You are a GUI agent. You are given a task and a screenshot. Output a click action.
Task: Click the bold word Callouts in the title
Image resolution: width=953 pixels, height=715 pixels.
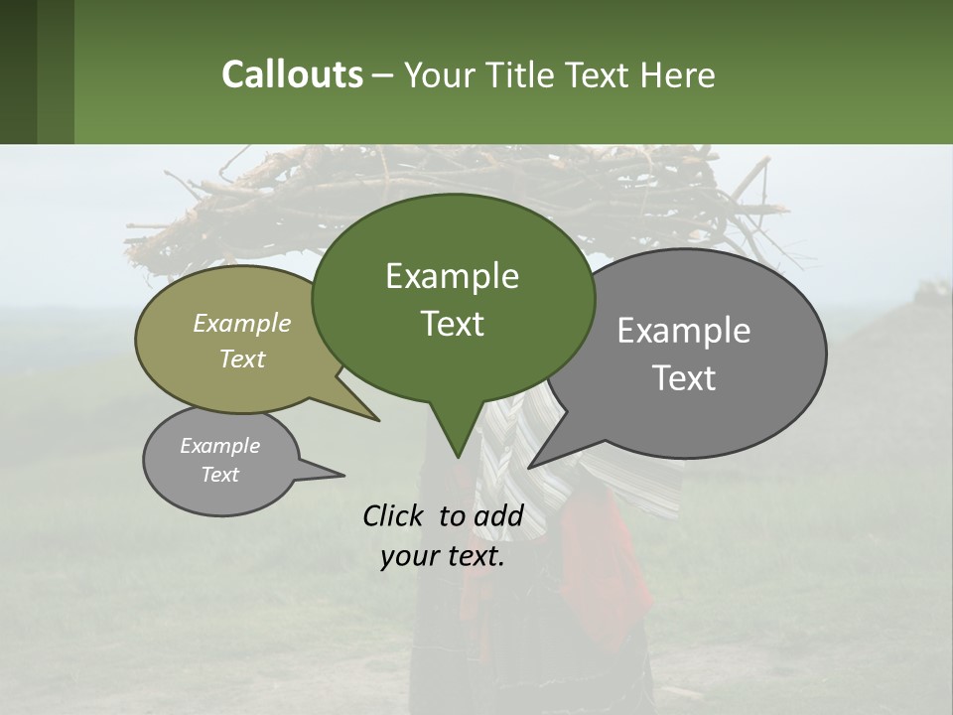point(292,74)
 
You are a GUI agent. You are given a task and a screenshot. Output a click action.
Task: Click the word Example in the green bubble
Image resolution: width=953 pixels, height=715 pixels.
point(452,276)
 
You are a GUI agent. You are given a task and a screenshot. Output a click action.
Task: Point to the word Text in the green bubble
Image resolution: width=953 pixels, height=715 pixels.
point(452,324)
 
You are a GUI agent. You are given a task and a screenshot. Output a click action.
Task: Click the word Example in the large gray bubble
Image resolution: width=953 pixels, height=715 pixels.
point(684,331)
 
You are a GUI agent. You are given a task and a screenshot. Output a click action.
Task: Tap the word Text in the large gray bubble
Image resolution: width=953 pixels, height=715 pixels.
point(684,378)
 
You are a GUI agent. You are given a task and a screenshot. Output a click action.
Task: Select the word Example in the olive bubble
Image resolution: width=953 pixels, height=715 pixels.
point(242,323)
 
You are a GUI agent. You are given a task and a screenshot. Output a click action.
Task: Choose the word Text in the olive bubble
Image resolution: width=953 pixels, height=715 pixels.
point(242,358)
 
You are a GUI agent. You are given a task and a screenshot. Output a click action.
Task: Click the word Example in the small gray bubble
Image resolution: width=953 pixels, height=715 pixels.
point(219,446)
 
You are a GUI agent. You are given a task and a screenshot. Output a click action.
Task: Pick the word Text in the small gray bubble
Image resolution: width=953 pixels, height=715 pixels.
point(219,475)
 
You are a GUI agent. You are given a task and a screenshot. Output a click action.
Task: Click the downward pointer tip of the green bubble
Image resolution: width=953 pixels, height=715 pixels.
point(458,456)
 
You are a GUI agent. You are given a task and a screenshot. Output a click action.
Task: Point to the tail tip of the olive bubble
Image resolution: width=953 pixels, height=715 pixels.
point(377,419)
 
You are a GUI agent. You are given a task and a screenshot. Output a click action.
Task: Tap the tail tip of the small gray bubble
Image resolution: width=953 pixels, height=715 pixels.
point(342,476)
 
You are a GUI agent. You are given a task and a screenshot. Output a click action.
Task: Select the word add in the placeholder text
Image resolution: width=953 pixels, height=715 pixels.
point(498,515)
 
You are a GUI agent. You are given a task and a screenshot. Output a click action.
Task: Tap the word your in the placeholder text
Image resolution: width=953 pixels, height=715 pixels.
point(407,556)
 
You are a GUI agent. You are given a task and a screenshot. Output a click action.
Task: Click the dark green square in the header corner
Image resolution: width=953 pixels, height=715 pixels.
point(19,71)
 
